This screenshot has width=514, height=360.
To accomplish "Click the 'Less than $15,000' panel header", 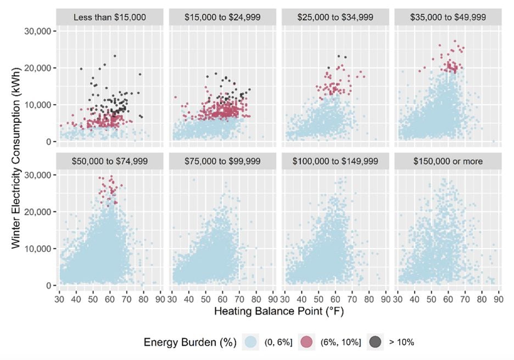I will coord(110,17).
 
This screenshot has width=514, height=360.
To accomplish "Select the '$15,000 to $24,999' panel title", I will coord(222,17).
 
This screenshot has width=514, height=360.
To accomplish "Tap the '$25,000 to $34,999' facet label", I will coord(334,17).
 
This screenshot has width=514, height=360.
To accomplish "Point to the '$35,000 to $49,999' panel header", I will coord(447,17).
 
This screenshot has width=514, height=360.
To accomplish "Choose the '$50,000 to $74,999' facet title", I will coord(110,161).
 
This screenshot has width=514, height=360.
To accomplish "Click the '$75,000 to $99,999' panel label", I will coord(222,161).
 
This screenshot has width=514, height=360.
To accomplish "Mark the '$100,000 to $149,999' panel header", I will coord(334,161).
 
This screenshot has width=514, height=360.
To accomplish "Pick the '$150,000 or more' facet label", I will coord(447,161).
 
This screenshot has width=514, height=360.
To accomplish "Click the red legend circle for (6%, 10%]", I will coord(307,342).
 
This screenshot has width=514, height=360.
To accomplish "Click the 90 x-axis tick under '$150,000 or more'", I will coord(496,299).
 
